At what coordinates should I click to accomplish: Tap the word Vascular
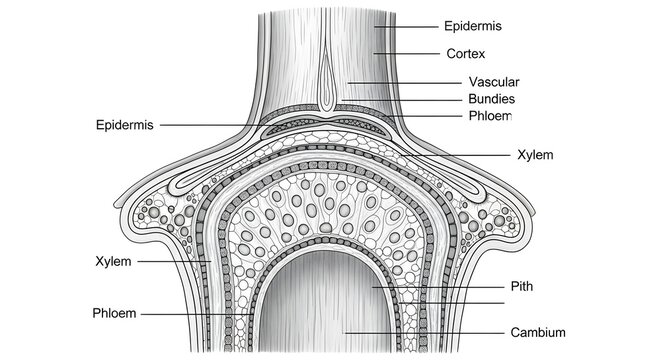pyautogui.click(x=493, y=82)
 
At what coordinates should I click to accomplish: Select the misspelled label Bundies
pyautogui.click(x=492, y=99)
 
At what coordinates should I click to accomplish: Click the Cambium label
pyautogui.click(x=538, y=332)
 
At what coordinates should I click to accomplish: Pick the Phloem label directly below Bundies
pyautogui.click(x=489, y=116)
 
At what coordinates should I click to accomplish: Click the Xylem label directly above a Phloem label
pyautogui.click(x=114, y=261)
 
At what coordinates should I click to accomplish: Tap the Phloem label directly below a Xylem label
pyautogui.click(x=114, y=313)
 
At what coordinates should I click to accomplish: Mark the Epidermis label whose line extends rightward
pyautogui.click(x=126, y=125)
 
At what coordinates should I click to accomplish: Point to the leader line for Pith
pyautogui.click(x=440, y=286)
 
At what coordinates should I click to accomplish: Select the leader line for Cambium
pyautogui.click(x=420, y=332)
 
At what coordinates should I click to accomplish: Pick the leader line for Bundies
pyautogui.click(x=400, y=99)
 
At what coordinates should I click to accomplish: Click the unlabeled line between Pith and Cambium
pyautogui.click(x=440, y=303)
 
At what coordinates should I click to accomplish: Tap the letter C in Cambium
pyautogui.click(x=515, y=332)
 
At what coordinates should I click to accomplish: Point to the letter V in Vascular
pyautogui.click(x=472, y=82)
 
